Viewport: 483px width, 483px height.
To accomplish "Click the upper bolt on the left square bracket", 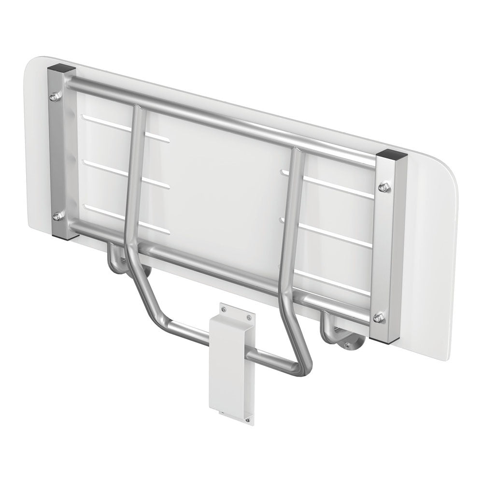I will click(55, 97).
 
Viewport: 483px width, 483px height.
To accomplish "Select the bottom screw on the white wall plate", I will click(248, 421).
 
